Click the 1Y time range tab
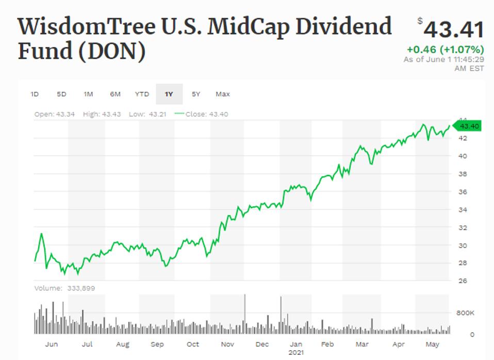point(169,94)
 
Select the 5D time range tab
point(61,94)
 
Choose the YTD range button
point(142,94)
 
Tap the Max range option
point(223,94)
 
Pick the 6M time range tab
point(115,94)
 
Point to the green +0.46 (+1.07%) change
point(445,50)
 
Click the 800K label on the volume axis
point(465,313)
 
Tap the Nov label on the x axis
point(227,344)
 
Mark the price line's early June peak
point(42,234)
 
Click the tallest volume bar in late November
point(244,314)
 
